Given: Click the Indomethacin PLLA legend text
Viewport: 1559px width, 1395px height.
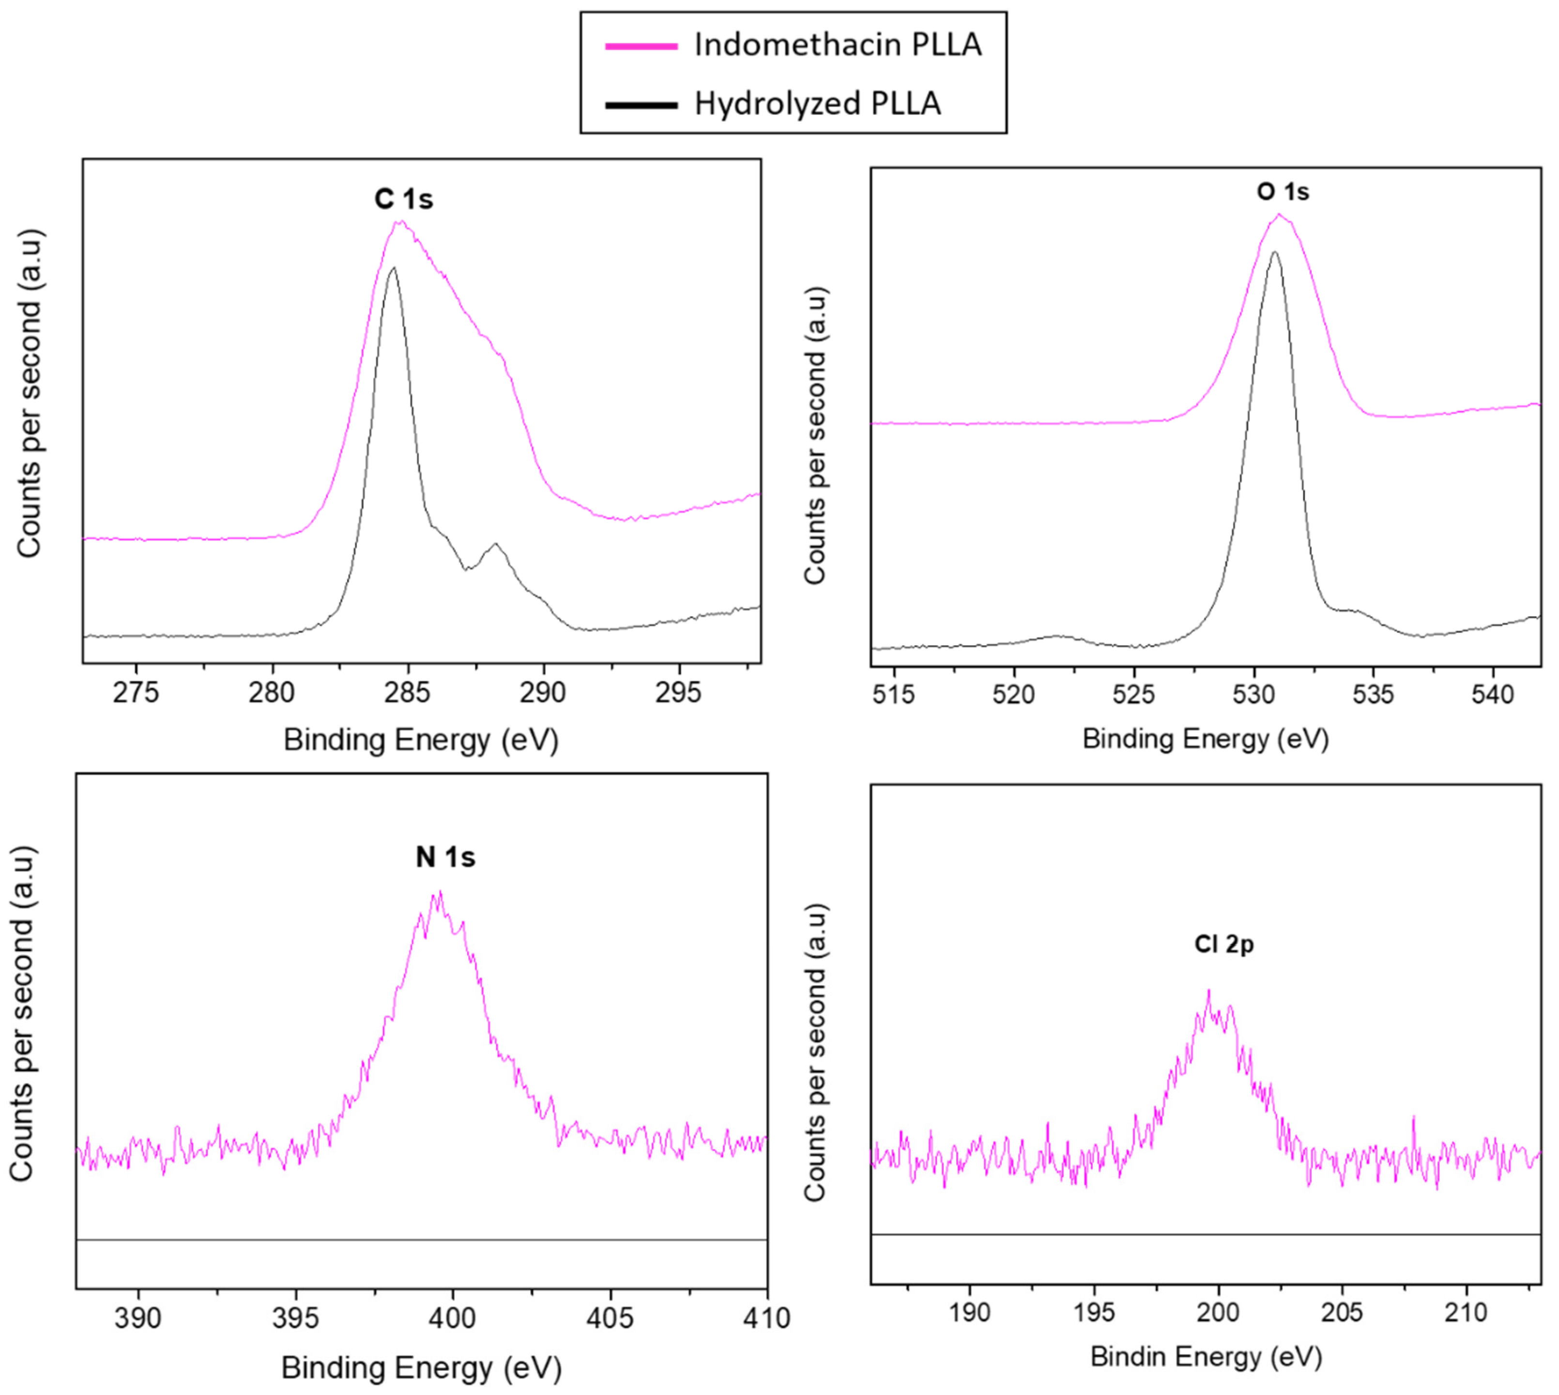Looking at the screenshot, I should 837,45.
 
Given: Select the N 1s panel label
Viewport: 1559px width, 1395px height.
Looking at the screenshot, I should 445,857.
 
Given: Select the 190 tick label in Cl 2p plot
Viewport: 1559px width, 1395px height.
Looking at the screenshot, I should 969,1312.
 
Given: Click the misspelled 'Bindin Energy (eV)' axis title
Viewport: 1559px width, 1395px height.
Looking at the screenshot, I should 1206,1357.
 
